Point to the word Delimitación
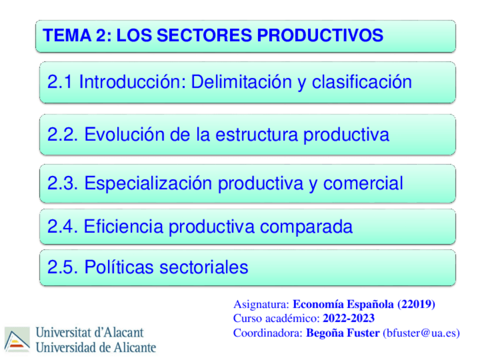click(240, 83)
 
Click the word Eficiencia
click(124, 227)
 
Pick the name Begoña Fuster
click(342, 333)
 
